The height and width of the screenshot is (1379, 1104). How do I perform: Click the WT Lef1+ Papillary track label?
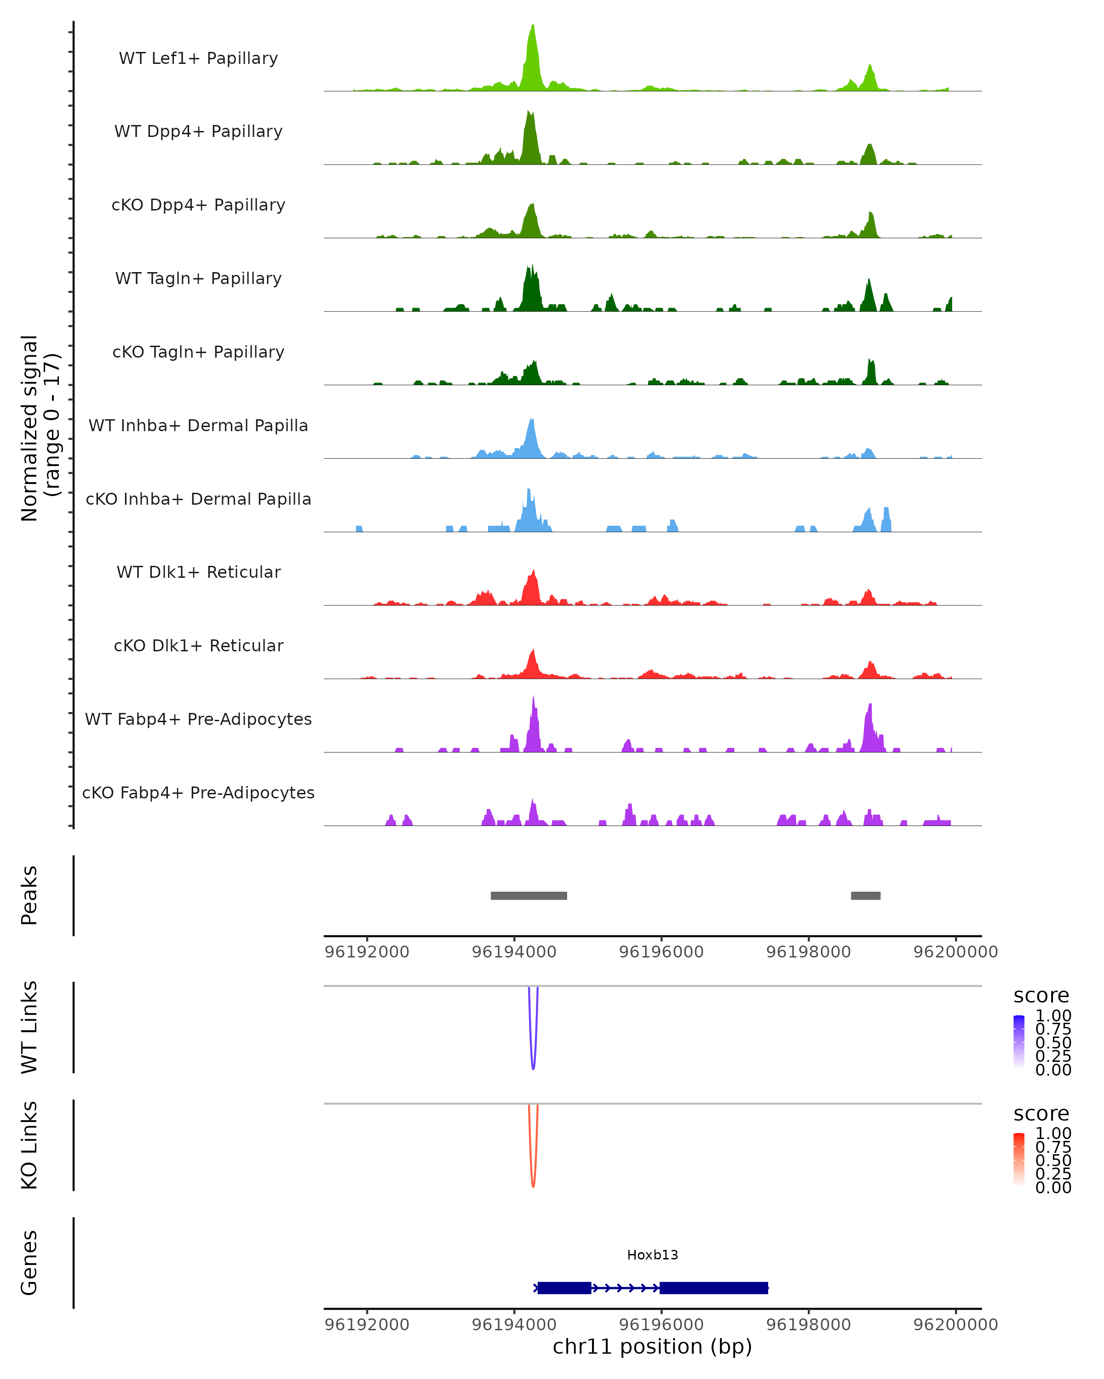tap(198, 58)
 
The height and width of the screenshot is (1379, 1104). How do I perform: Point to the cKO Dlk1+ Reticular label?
tap(198, 645)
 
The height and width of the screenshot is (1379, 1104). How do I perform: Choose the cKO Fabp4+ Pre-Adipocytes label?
tap(198, 792)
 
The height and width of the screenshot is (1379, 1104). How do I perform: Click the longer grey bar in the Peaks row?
tap(529, 895)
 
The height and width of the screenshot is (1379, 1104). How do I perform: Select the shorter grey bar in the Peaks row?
tap(865, 895)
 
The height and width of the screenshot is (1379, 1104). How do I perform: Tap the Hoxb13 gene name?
tap(652, 1255)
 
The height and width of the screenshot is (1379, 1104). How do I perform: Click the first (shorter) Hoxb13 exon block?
tap(564, 1288)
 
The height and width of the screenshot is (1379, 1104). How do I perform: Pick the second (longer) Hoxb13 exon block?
tap(713, 1288)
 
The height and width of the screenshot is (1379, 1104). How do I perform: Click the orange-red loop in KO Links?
tap(533, 1185)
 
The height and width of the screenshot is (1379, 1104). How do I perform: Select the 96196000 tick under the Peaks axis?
tap(661, 952)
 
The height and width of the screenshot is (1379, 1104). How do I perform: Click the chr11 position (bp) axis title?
tap(652, 1346)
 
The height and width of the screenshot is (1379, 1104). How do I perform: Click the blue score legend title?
tap(1041, 995)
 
